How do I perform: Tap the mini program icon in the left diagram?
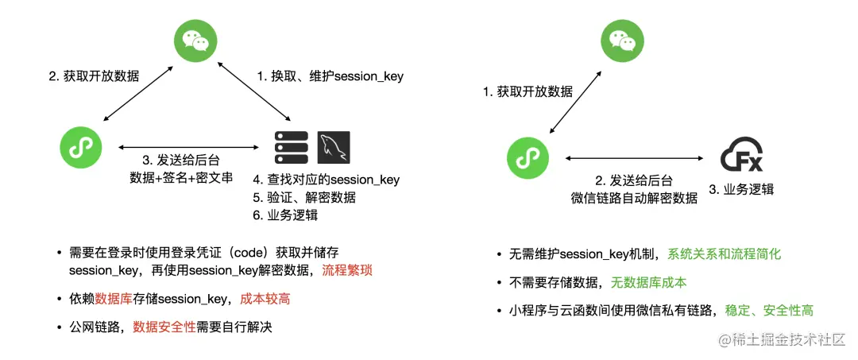pyautogui.click(x=82, y=147)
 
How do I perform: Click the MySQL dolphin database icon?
pyautogui.click(x=334, y=147)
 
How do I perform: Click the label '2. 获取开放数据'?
pyautogui.click(x=94, y=77)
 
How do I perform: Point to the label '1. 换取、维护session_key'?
pyautogui.click(x=330, y=77)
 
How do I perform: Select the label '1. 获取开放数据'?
pyautogui.click(x=528, y=91)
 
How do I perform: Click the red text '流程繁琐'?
pyautogui.click(x=347, y=270)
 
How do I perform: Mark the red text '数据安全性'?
pyautogui.click(x=164, y=327)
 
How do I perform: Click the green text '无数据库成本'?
pyautogui.click(x=648, y=282)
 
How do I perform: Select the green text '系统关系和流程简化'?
pyautogui.click(x=725, y=254)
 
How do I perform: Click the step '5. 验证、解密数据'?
pyautogui.click(x=304, y=197)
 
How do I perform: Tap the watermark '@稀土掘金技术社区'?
pyautogui.click(x=782, y=340)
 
